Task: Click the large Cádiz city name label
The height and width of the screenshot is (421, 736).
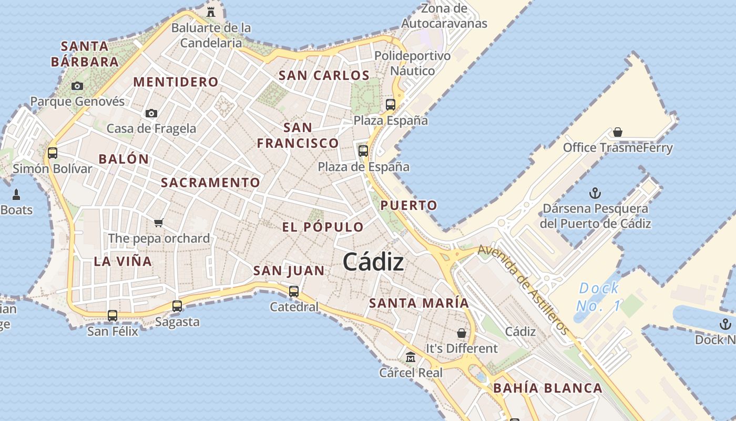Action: tap(373, 262)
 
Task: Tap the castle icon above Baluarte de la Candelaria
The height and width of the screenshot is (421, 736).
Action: tap(211, 12)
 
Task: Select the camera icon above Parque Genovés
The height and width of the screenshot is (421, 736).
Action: tap(77, 86)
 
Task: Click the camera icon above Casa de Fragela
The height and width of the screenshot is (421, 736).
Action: tap(151, 113)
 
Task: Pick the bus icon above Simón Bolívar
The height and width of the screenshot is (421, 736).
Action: tap(53, 153)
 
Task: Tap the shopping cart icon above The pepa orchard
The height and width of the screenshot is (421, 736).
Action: tap(159, 223)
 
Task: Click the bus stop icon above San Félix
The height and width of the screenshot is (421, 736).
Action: tap(113, 316)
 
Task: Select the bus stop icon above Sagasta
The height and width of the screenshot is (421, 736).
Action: tap(177, 306)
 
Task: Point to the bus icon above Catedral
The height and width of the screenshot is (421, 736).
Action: tap(294, 291)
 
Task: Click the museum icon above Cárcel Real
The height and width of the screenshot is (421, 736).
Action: tap(411, 357)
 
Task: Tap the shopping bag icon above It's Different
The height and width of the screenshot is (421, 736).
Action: tap(462, 333)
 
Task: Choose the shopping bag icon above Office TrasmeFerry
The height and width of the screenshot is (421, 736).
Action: tap(618, 132)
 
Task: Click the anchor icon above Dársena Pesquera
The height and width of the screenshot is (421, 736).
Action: tap(595, 193)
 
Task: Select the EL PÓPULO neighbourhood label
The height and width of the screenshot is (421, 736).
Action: tap(323, 227)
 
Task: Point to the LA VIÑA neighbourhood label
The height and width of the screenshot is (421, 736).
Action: tap(122, 261)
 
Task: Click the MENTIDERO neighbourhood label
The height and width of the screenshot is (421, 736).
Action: tap(176, 82)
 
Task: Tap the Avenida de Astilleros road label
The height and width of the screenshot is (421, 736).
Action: tap(523, 289)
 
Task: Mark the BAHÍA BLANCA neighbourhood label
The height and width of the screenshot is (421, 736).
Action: tap(547, 388)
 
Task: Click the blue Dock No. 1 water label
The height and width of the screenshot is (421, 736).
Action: tap(598, 297)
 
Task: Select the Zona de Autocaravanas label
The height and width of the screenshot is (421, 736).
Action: tap(444, 16)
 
